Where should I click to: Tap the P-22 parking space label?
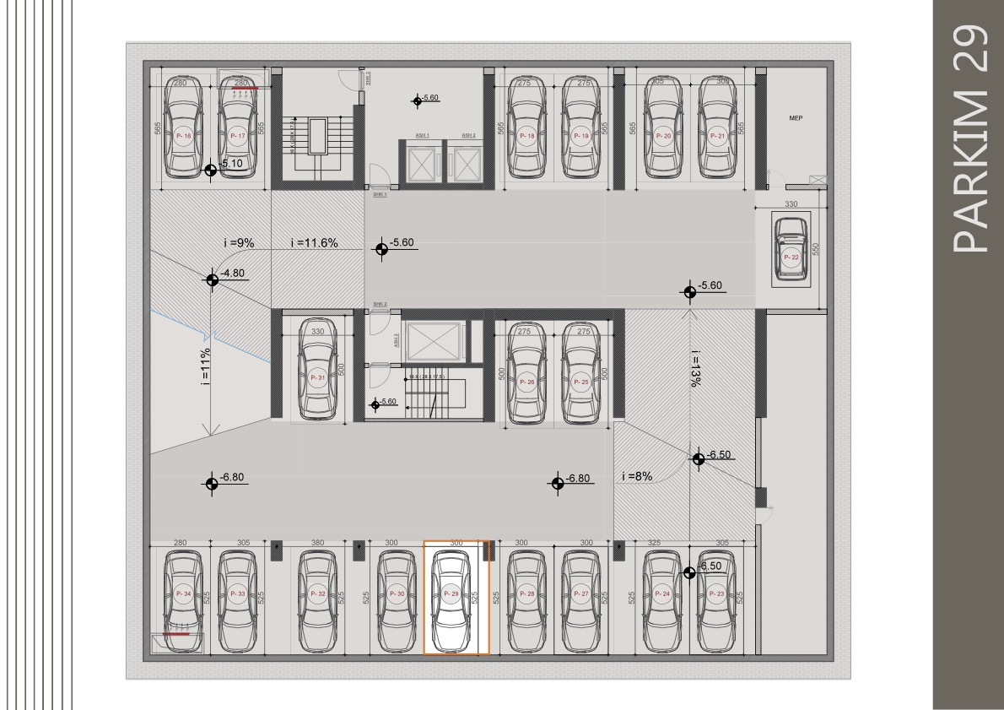click(x=791, y=257)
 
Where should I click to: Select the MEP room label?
click(x=795, y=119)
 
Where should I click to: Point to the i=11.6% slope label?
click(x=314, y=243)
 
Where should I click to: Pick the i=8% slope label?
click(x=637, y=476)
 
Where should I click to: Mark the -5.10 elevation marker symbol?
click(x=210, y=170)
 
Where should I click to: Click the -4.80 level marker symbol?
click(x=211, y=279)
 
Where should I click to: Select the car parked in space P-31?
click(x=317, y=377)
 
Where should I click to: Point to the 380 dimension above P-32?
click(x=317, y=543)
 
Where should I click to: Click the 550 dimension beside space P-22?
click(x=815, y=250)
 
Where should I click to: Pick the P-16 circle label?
click(x=184, y=136)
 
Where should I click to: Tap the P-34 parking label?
click(x=184, y=594)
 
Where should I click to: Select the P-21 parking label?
click(x=717, y=136)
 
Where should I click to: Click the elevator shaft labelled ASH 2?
click(x=462, y=158)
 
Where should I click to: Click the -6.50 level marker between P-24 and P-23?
click(x=689, y=572)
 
